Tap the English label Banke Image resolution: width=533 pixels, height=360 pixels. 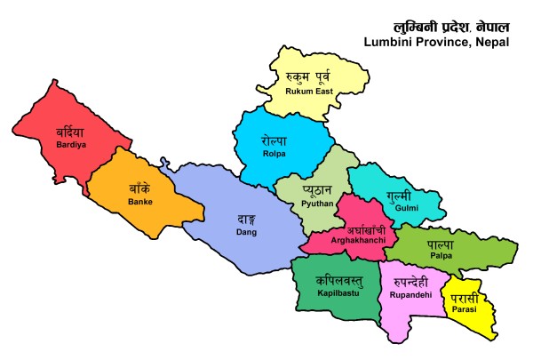(x=139, y=202)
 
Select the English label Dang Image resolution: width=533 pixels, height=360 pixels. (x=246, y=232)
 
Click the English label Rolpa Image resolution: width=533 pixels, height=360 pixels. (x=274, y=154)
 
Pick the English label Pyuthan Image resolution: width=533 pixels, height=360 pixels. (x=317, y=204)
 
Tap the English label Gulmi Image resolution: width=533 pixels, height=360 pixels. (x=394, y=207)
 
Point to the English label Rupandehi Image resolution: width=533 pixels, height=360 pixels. (x=410, y=293)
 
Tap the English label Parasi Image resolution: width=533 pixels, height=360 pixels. (x=465, y=310)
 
